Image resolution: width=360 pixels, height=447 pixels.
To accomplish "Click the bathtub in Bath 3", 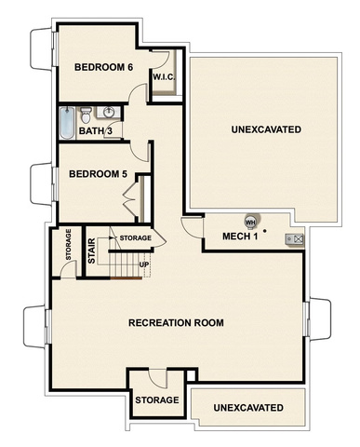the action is [67, 123].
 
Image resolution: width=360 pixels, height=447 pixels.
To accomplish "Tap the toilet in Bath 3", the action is [86, 115].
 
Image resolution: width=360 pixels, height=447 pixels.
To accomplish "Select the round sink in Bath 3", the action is [109, 113].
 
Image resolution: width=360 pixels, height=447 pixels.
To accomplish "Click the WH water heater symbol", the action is [250, 223].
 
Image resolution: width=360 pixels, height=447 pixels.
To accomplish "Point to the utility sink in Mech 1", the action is [294, 239].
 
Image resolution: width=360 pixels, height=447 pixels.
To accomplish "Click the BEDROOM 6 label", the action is [103, 67].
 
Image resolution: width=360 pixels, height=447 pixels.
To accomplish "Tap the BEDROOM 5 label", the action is [98, 174].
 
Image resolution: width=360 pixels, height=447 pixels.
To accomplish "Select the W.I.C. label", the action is [164, 77].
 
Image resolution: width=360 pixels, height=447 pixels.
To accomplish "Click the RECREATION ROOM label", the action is [176, 323].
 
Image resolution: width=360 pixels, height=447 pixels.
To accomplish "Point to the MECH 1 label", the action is [240, 237].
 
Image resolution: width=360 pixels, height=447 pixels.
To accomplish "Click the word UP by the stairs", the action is [144, 264].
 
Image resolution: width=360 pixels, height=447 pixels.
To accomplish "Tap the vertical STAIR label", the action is [92, 251].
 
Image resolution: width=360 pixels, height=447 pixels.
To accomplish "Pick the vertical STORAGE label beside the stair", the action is [69, 244].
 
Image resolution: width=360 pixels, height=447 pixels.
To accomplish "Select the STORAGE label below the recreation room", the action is [157, 400].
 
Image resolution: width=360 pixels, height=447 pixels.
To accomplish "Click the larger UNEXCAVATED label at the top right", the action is [266, 129].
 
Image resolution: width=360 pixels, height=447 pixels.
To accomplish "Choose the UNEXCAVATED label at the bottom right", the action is [248, 408].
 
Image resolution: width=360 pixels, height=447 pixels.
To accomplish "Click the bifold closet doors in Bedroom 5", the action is [131, 198].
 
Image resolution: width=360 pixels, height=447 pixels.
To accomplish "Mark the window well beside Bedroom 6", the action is [43, 49].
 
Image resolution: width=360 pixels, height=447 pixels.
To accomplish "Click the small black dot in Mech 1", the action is [264, 231].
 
